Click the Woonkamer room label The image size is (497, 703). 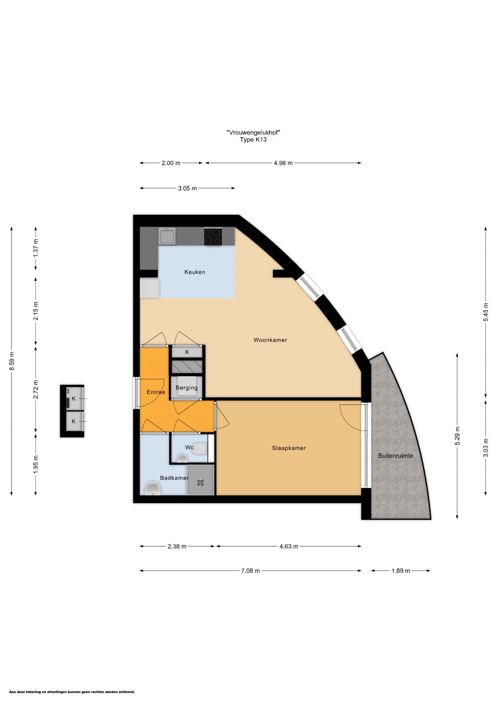[x=270, y=340]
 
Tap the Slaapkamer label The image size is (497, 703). [x=289, y=448]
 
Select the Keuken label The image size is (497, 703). [x=195, y=272]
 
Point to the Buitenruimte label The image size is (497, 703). [x=396, y=456]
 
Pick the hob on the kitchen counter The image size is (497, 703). [x=213, y=236]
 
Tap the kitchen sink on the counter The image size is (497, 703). [x=167, y=236]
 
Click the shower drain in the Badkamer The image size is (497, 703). [x=200, y=483]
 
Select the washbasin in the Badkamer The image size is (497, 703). [x=153, y=489]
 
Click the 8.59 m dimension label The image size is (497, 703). [x=12, y=361]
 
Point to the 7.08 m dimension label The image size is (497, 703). [x=250, y=571]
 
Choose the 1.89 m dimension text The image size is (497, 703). [x=401, y=571]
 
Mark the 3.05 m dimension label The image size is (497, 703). [x=188, y=188]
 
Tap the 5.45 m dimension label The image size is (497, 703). [x=486, y=312]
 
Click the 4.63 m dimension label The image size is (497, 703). [x=289, y=547]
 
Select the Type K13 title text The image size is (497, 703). [x=254, y=140]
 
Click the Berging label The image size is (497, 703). [x=187, y=388]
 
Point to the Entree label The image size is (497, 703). [x=156, y=392]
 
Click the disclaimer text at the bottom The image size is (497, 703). [x=72, y=692]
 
